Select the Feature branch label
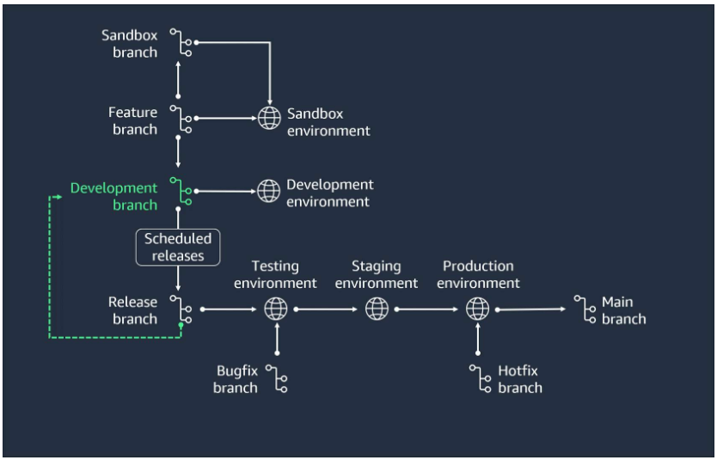tap(133, 120)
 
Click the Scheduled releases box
tap(177, 247)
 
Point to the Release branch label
tap(133, 310)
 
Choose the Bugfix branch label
tap(236, 378)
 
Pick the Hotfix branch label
tap(519, 378)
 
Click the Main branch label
tap(623, 310)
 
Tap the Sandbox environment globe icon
tap(269, 119)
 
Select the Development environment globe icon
tap(269, 188)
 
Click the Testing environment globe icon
tap(276, 308)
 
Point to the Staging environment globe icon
tap(377, 308)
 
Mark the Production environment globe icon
tap(477, 308)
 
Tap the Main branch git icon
tap(585, 310)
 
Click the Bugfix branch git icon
tap(276, 378)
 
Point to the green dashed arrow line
tap(50, 275)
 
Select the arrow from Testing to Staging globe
tap(327, 308)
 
